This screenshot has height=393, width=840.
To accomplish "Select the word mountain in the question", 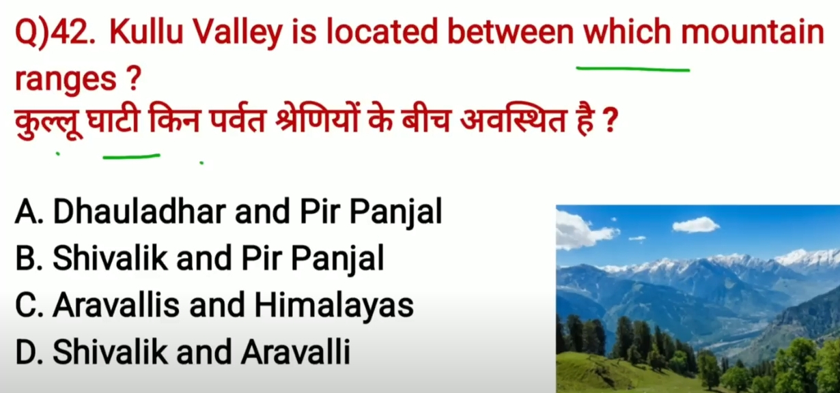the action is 753,33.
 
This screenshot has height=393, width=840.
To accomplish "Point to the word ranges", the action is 66,79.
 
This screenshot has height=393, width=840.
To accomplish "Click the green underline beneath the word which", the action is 632,69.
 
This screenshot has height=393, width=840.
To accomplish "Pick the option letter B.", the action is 29,258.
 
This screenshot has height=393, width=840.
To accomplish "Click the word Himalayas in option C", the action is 334,306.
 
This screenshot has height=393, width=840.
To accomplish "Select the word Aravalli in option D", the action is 296,351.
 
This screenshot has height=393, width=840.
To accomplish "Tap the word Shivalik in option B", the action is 110,258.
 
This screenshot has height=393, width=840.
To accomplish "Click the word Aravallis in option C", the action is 116,305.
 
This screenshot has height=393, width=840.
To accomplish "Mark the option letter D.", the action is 29,351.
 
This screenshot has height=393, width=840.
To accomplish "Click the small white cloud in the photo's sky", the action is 696,224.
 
